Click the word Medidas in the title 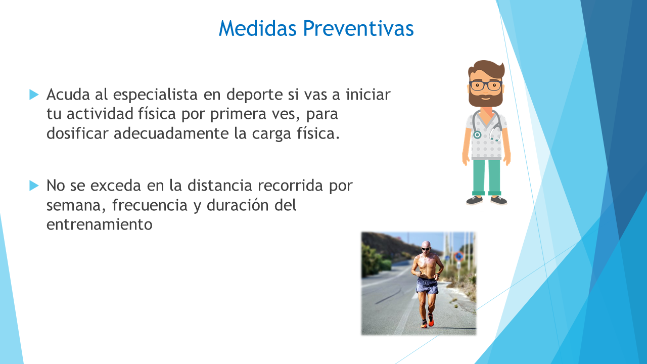click(x=258, y=28)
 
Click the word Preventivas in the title click(x=358, y=28)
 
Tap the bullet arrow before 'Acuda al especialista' click(x=34, y=95)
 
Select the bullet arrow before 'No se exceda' click(x=34, y=186)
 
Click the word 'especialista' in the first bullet click(x=155, y=95)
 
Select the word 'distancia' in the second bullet click(x=220, y=186)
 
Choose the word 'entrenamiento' click(x=100, y=225)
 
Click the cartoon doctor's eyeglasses click(x=486, y=85)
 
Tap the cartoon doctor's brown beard click(x=486, y=97)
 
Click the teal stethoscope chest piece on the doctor click(x=477, y=134)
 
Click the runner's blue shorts click(x=427, y=286)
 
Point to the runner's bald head click(x=426, y=246)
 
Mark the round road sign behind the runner click(x=458, y=256)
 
